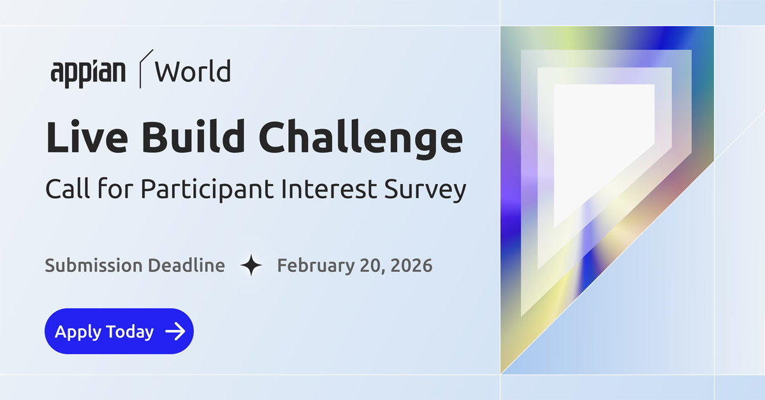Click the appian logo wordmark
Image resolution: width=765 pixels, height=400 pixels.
pos(88,73)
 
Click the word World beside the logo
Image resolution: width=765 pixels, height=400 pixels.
pos(193,71)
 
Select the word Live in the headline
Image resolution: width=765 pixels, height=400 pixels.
pos(87,137)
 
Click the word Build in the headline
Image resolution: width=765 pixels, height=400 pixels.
pos(193,136)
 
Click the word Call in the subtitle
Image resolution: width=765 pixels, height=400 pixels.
pos(68,188)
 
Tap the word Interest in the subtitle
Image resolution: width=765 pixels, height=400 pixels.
pos(329,189)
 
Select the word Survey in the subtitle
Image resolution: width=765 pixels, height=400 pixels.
pos(425,190)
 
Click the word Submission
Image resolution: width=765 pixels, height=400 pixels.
pos(94,266)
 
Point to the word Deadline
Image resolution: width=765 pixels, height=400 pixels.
pos(186,266)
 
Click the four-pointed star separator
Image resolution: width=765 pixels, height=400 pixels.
pos(251,265)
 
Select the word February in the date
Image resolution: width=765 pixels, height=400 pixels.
pos(316,266)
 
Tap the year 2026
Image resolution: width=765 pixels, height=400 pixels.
pos(412,266)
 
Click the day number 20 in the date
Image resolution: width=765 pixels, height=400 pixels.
pos(372,266)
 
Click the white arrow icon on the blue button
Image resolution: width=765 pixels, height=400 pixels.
pos(175,331)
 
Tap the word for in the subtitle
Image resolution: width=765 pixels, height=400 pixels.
pos(115,188)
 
